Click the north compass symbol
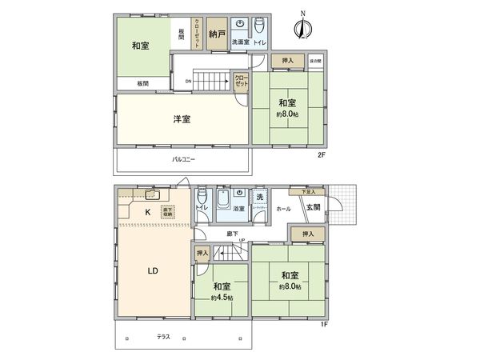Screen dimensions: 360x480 coord(302,27)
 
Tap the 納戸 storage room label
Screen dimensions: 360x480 coord(214,34)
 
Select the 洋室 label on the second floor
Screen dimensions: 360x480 coord(182,120)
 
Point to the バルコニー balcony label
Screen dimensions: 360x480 coord(183,160)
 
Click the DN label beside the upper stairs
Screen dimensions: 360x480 coord(188,82)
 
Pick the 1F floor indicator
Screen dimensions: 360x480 coord(323,323)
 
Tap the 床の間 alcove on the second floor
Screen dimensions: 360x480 coord(316,62)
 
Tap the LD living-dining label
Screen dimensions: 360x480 coord(152,270)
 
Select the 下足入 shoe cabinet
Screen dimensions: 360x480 coord(308,192)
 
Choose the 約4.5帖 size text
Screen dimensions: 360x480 coord(222,298)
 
